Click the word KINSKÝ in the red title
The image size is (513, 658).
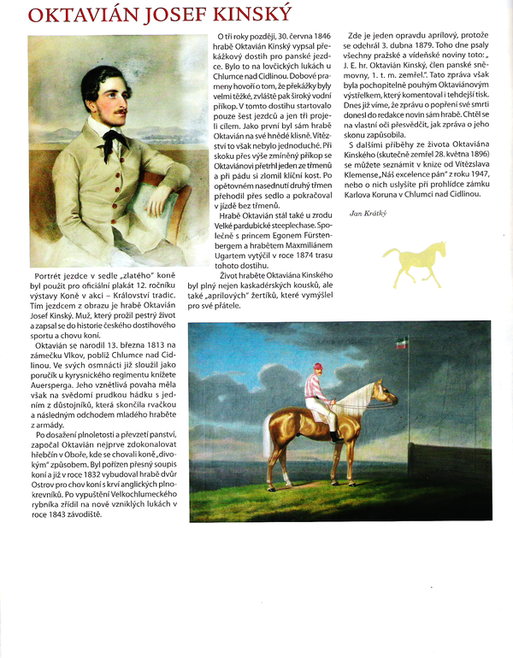pyautogui.click(x=249, y=15)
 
